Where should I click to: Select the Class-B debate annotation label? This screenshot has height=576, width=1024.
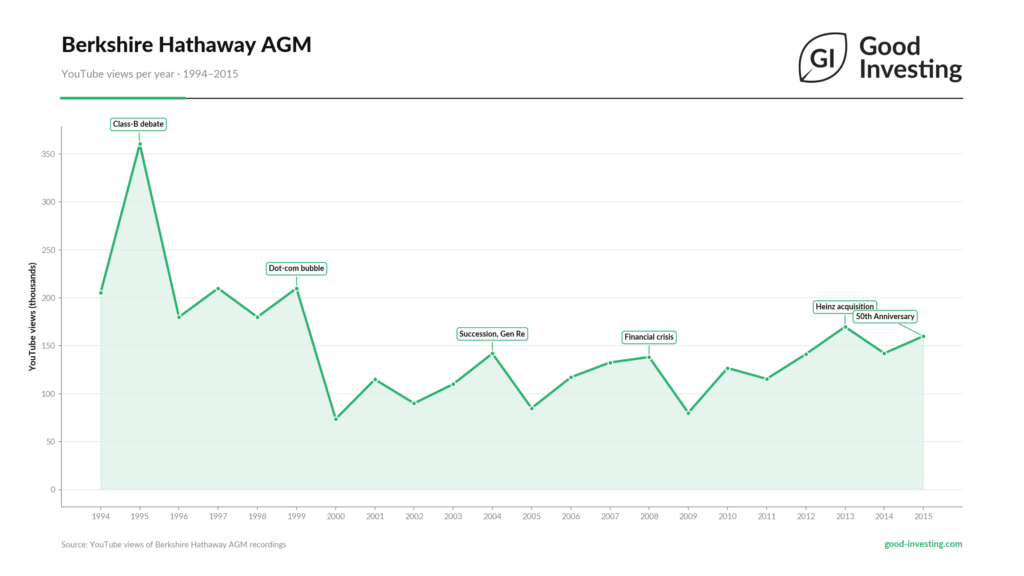pos(138,124)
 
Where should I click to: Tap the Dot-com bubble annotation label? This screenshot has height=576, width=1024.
pos(297,268)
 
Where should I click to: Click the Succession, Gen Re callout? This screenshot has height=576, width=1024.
pos(492,333)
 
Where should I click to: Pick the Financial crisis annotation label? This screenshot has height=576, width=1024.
pos(649,337)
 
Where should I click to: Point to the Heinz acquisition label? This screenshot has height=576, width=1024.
pos(845,307)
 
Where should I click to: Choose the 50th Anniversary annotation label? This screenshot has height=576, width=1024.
pos(885,317)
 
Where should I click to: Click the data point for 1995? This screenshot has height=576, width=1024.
pos(140,145)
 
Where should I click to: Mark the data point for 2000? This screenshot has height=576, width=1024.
pos(335,419)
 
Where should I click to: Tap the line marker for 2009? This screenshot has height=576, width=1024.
pos(688,413)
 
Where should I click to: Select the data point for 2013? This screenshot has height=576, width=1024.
pos(845,327)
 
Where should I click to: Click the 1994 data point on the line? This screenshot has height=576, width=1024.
pos(101,293)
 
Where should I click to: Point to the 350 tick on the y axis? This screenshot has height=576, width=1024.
pos(46,154)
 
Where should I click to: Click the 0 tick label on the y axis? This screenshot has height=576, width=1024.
pos(51,490)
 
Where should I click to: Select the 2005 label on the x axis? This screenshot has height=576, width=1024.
pos(531,517)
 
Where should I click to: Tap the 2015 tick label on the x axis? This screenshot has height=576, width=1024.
pos(923,517)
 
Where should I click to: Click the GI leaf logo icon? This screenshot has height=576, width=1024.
pos(823,58)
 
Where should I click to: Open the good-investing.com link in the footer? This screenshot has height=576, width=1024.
pos(923,544)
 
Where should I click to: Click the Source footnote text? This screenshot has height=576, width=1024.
pos(174,544)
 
